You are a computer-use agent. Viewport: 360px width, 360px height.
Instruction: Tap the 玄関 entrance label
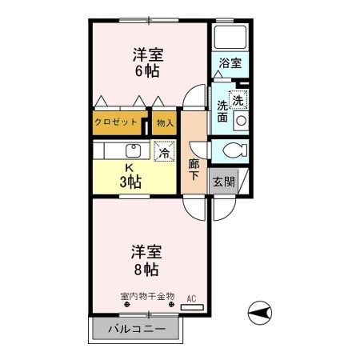(223, 182)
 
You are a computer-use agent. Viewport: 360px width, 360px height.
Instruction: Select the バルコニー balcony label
(137, 329)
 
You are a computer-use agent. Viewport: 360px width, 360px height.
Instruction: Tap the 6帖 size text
(147, 71)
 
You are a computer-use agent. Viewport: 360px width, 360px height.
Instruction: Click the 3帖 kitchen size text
(130, 182)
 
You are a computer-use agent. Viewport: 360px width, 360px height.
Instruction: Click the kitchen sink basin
(134, 150)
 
